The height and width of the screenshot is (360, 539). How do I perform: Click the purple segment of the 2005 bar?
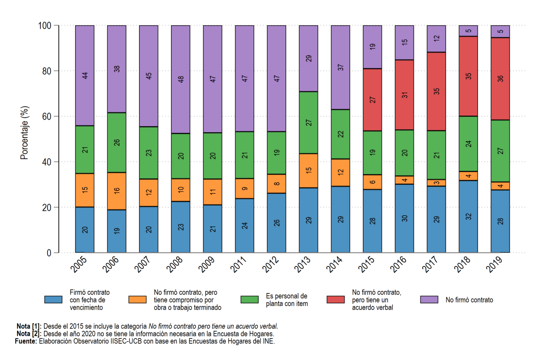(85, 76)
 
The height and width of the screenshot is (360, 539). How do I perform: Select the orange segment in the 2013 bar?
(309, 170)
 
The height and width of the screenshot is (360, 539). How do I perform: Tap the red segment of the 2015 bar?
(372, 100)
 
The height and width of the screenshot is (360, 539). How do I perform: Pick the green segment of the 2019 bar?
(500, 151)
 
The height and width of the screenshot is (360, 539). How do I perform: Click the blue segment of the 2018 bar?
(468, 217)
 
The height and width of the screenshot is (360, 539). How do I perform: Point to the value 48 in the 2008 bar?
(181, 79)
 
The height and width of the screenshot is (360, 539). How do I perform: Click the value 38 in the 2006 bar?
(117, 69)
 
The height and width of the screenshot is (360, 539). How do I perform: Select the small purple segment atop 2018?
(468, 31)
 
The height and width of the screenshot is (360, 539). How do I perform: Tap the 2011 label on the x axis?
(239, 264)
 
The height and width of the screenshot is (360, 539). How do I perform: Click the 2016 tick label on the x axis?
(398, 264)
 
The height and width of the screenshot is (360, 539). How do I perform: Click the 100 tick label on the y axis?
(45, 26)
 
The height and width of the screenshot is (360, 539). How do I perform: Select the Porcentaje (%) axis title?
(25, 133)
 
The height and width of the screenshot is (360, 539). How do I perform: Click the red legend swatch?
(336, 300)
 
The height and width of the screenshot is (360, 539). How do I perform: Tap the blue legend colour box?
(53, 300)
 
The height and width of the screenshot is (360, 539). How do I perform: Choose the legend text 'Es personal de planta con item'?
(287, 300)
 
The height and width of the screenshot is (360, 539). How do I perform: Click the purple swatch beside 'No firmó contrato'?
(429, 300)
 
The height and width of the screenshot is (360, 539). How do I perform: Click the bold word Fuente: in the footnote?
(26, 341)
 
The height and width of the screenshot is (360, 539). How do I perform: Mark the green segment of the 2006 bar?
(117, 142)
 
